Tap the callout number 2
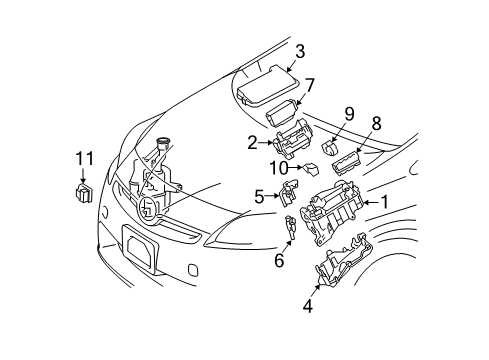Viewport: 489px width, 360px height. coord(253,143)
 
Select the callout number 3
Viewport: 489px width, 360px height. coord(298,51)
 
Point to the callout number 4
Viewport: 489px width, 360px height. coord(308,306)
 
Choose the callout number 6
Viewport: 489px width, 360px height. coord(279,260)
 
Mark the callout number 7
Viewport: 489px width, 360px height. coord(309,84)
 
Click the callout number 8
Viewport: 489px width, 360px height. coord(377,124)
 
